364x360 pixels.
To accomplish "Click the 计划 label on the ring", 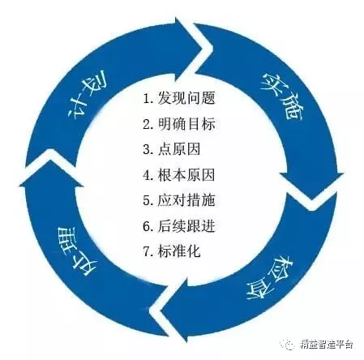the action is pyautogui.click(x=88, y=95).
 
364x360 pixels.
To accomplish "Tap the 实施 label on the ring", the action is pyautogui.click(x=282, y=96).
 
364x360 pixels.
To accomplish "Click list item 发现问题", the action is pyautogui.click(x=186, y=97).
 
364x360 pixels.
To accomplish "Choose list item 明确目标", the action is pyautogui.click(x=186, y=123).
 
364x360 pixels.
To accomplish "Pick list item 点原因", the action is pyautogui.click(x=179, y=149).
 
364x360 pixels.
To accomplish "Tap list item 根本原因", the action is pyautogui.click(x=186, y=175).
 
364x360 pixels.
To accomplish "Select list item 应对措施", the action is pyautogui.click(x=186, y=200).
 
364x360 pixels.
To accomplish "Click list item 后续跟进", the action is pyautogui.click(x=186, y=226).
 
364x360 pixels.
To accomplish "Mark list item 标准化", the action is pyautogui.click(x=179, y=251).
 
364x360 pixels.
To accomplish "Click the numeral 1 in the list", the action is pyautogui.click(x=147, y=99).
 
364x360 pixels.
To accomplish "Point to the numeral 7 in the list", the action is pyautogui.click(x=147, y=251).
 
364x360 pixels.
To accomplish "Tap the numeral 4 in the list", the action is pyautogui.click(x=147, y=175).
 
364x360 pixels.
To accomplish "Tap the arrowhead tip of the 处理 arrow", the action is pyautogui.click(x=49, y=160).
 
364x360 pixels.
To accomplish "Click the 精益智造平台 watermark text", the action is pyautogui.click(x=327, y=345).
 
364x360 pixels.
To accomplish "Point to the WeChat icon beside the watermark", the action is pyautogui.click(x=287, y=344).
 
